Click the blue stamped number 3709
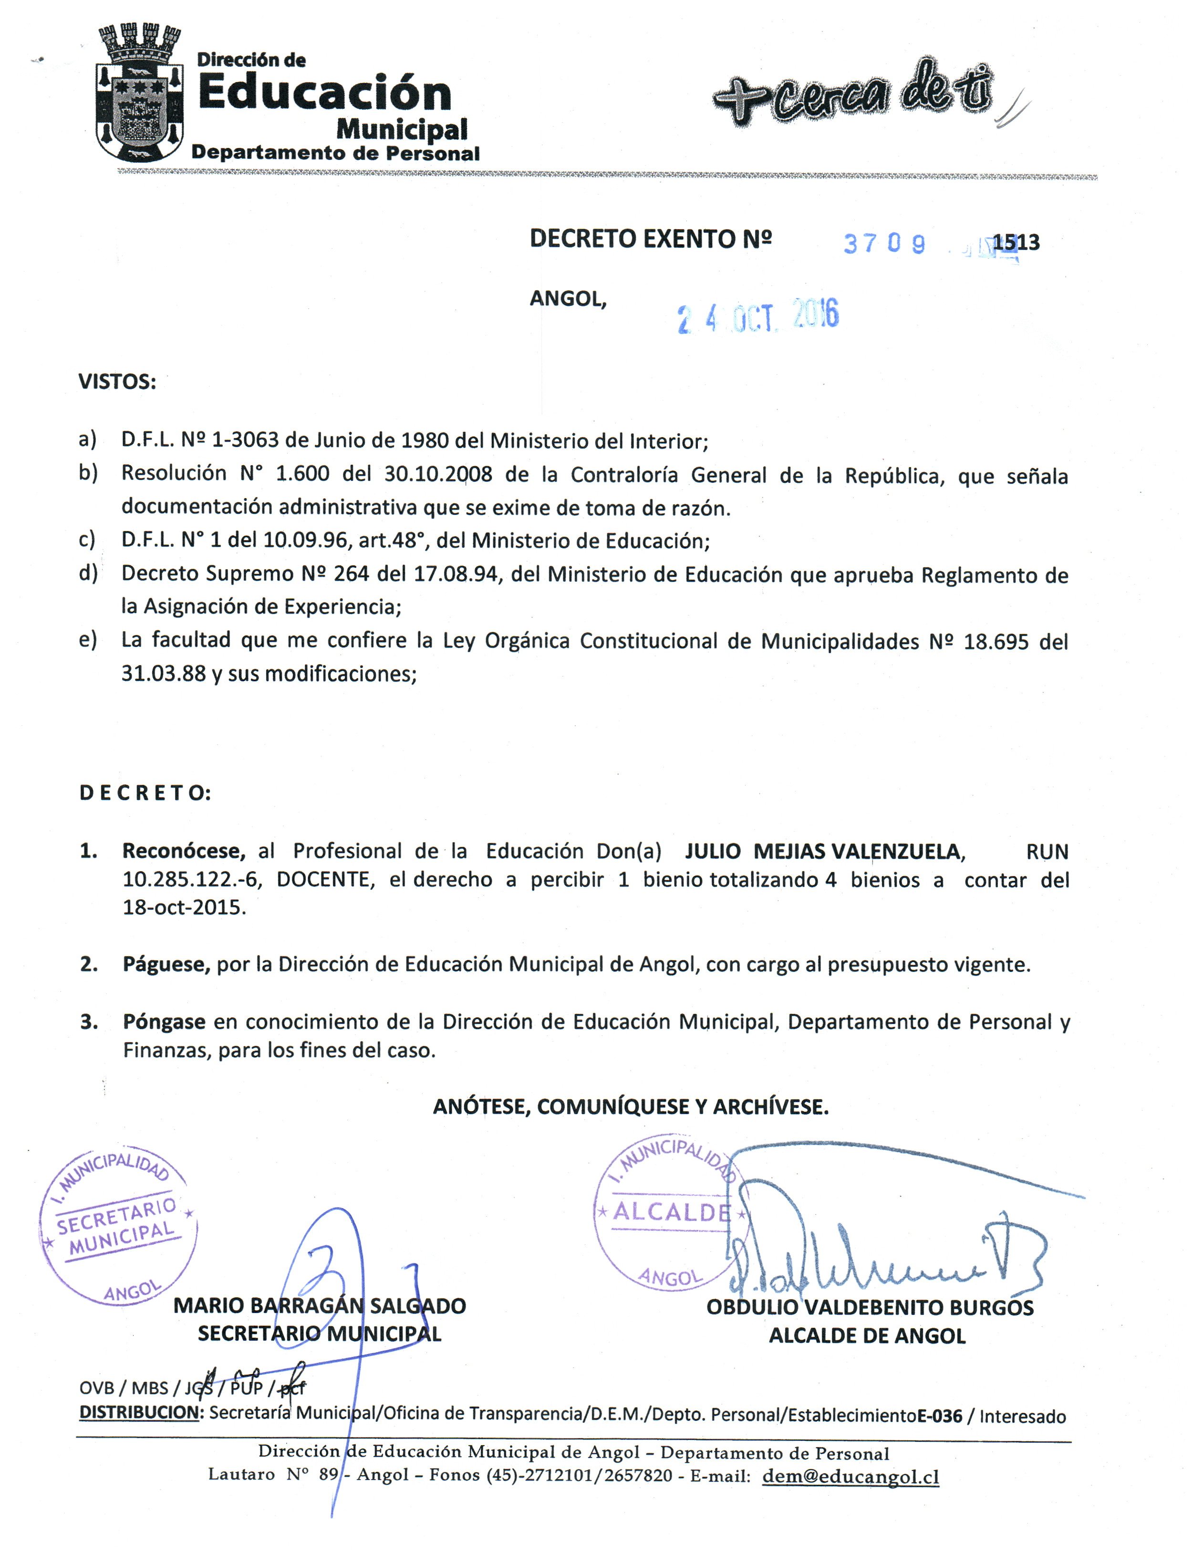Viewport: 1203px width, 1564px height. [x=884, y=244]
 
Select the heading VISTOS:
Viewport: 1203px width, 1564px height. [x=117, y=382]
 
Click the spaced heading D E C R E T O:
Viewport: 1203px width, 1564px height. [x=145, y=793]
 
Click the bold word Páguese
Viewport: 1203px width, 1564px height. [x=166, y=965]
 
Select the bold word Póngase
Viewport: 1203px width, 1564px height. [x=164, y=1022]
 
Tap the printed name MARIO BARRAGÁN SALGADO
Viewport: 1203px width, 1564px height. [x=320, y=1305]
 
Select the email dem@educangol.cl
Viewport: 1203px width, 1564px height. [x=850, y=1477]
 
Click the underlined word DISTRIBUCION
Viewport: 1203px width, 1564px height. [x=139, y=1412]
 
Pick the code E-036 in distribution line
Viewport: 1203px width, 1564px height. [x=940, y=1416]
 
